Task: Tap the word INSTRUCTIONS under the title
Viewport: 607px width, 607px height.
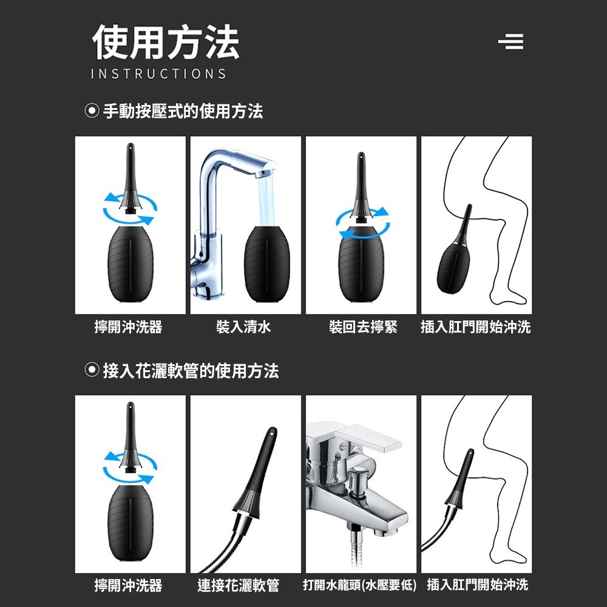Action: pyautogui.click(x=158, y=74)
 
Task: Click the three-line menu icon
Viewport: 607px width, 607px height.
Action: pyautogui.click(x=510, y=42)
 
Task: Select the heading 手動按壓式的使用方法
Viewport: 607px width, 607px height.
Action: pyautogui.click(x=183, y=111)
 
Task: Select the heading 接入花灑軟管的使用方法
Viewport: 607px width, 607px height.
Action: pyautogui.click(x=191, y=370)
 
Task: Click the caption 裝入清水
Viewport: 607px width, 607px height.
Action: pyautogui.click(x=243, y=328)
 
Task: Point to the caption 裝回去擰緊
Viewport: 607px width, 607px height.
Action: pyautogui.click(x=363, y=328)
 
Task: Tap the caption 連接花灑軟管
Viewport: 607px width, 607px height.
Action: pyautogui.click(x=239, y=586)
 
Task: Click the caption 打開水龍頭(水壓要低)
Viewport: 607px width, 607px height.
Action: pyautogui.click(x=360, y=586)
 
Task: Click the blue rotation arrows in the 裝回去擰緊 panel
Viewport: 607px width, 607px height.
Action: pyautogui.click(x=364, y=222)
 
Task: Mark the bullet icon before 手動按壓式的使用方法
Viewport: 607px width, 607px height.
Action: pyautogui.click(x=91, y=111)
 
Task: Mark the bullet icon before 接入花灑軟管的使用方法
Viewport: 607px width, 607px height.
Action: pyautogui.click(x=91, y=370)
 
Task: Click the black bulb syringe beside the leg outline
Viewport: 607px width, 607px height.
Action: pyautogui.click(x=454, y=255)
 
